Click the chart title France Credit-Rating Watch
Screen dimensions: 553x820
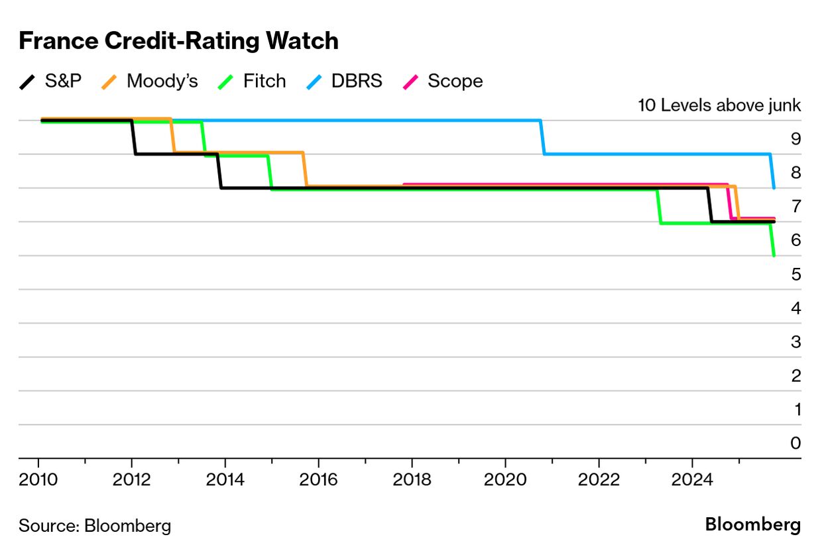coord(178,41)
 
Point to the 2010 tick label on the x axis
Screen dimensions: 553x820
coord(38,479)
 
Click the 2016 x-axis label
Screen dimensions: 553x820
coord(319,479)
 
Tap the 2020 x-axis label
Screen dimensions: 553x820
coord(505,479)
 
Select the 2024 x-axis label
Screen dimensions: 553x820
coord(692,479)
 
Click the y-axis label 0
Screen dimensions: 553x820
coord(795,443)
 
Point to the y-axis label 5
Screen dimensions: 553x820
coord(795,274)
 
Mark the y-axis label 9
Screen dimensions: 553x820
coord(795,139)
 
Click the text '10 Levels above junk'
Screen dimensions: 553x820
coord(719,105)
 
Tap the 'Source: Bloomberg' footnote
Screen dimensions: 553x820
coord(95,526)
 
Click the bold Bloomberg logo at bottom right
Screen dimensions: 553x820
coord(752,524)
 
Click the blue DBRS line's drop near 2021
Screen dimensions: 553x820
coord(543,137)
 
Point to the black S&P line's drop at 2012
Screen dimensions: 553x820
coord(133,137)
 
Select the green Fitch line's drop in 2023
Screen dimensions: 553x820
coord(659,207)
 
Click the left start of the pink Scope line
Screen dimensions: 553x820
coord(404,184)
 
